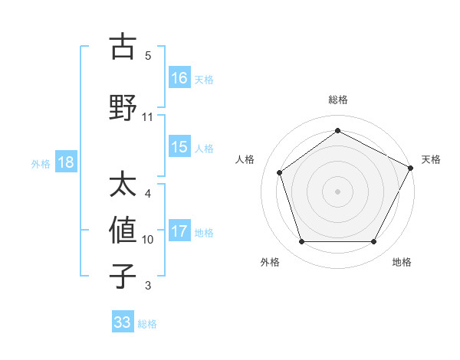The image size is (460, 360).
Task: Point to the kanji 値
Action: (x=123, y=231)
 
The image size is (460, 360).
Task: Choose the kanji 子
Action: (x=123, y=276)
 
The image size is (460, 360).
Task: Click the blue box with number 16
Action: (x=179, y=77)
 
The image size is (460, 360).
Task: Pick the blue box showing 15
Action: (x=179, y=146)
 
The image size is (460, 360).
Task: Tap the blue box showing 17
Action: (x=179, y=231)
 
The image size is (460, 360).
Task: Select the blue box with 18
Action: (x=65, y=162)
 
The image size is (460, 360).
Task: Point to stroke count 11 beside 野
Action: (x=148, y=117)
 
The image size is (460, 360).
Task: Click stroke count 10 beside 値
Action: (x=148, y=240)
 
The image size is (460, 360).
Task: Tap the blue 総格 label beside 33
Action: (x=147, y=324)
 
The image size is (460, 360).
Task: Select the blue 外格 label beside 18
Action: (x=41, y=163)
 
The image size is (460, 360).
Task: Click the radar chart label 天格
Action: (x=431, y=159)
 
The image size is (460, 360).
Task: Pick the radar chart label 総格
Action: (x=337, y=100)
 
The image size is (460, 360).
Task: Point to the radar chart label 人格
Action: (x=245, y=159)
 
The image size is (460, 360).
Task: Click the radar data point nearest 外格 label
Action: (x=301, y=242)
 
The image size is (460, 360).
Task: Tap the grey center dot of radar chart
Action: (x=337, y=191)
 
